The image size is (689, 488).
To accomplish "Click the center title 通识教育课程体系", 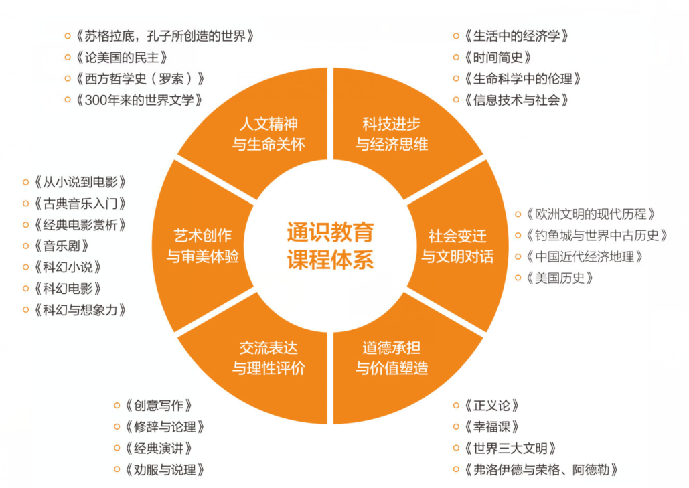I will pos(330,246).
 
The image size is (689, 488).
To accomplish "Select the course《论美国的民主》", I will pos(121,58).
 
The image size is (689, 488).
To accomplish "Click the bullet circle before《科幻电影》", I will pos(26,289).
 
